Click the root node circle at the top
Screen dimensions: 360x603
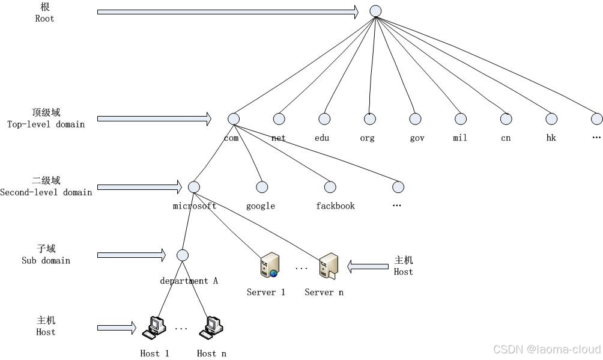(375, 11)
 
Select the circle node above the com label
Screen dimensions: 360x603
(234, 119)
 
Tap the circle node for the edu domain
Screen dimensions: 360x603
(324, 119)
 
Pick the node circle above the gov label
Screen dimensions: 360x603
(415, 119)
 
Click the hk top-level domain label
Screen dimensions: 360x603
(551, 138)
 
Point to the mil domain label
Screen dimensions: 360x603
(460, 138)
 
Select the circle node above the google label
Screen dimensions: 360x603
(261, 187)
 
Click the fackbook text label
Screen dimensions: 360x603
(335, 206)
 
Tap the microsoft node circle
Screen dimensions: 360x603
(193, 187)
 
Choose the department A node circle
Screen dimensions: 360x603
(183, 255)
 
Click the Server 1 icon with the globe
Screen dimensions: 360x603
(269, 266)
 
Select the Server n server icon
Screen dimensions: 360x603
(328, 266)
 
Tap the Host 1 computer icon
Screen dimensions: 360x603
(153, 328)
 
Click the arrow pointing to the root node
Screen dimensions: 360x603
(228, 11)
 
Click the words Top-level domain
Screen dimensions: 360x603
(46, 124)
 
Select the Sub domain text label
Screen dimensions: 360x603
(46, 261)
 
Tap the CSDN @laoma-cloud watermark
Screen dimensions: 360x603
(547, 349)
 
